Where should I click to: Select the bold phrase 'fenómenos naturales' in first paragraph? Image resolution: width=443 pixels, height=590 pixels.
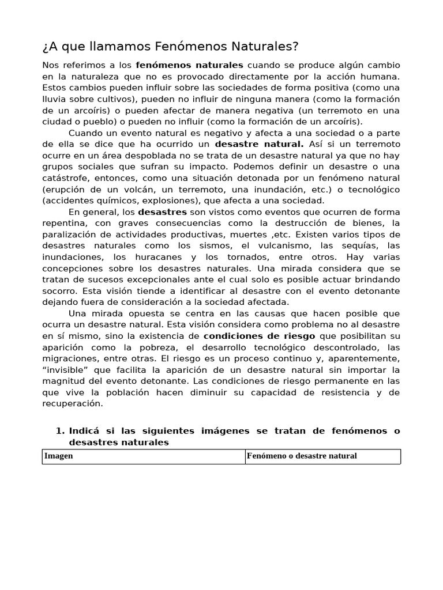(189, 65)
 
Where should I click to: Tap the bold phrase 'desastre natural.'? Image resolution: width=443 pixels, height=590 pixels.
(259, 144)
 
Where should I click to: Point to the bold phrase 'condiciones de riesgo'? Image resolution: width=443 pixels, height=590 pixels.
(259, 335)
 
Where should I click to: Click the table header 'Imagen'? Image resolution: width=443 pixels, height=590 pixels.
(58, 456)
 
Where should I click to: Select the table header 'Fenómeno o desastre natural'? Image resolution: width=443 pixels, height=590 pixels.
(302, 456)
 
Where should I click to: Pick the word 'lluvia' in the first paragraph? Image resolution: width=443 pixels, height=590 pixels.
(55, 99)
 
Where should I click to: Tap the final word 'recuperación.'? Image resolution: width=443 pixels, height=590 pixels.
(73, 403)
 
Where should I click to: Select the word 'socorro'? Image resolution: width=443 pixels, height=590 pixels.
(59, 290)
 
